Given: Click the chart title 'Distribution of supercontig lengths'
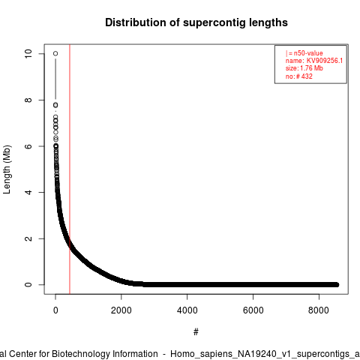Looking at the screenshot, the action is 196,22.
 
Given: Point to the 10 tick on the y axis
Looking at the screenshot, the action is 28,53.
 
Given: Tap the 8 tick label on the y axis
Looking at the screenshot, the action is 28,100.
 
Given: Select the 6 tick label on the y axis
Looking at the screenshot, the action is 28,146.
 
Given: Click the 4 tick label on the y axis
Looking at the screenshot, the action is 28,192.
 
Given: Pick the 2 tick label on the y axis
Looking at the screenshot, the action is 28,238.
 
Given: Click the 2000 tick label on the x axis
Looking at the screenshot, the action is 121,310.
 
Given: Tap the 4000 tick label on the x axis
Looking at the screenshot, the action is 187,310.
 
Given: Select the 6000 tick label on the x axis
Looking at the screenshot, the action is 253,310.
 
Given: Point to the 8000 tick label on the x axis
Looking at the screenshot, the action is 319,310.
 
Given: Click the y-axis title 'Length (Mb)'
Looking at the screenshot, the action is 7,169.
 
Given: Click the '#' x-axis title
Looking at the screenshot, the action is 196,331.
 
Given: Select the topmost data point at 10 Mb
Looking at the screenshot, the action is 55,53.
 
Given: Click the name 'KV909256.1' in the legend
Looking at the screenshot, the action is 325,61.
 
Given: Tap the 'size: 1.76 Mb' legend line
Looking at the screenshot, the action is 304,68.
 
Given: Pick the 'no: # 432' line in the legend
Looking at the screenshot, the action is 299,76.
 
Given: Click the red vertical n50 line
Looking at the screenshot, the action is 70,169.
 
